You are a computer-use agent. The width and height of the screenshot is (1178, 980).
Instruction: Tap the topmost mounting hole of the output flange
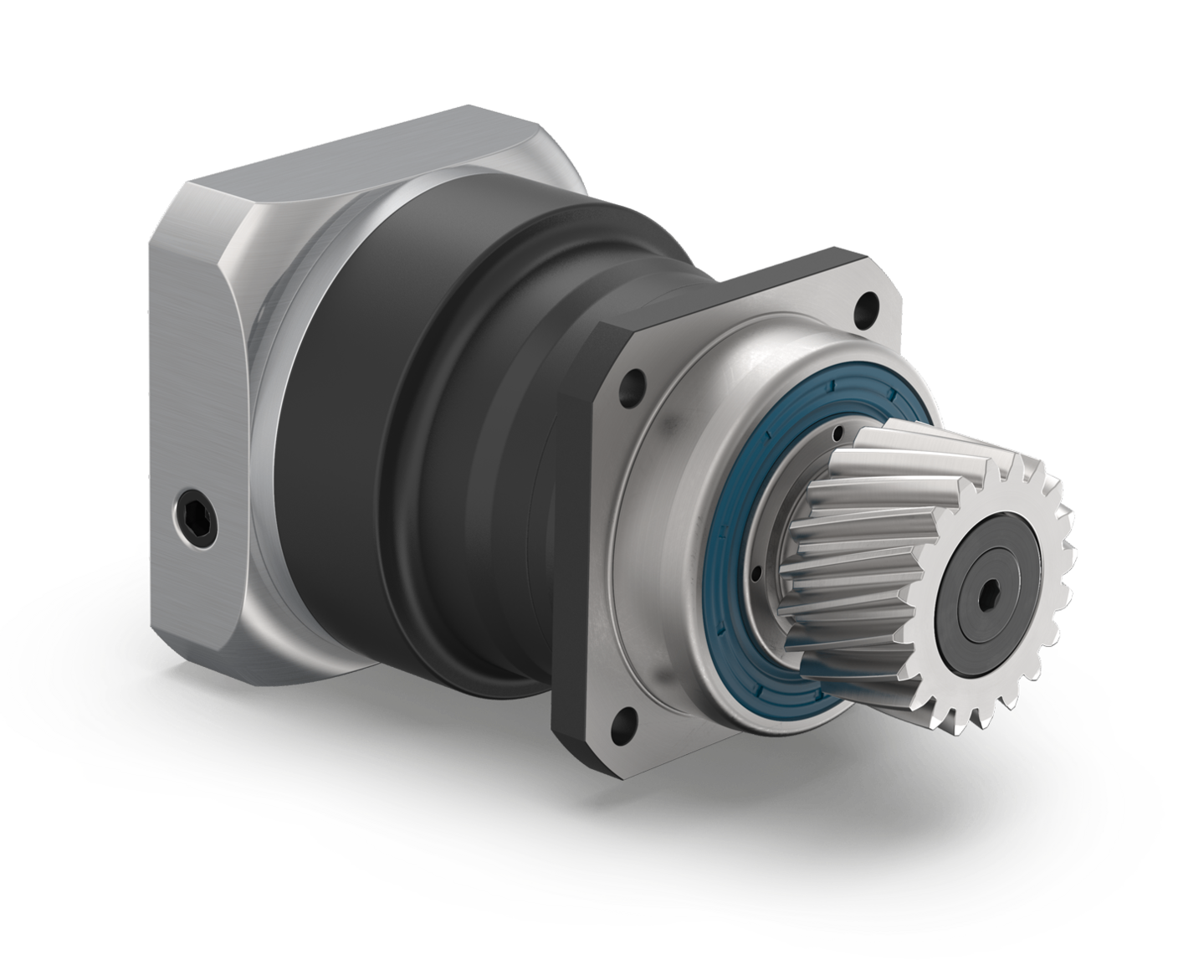click(x=867, y=307)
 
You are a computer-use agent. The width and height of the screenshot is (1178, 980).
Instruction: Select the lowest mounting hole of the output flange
click(x=625, y=721)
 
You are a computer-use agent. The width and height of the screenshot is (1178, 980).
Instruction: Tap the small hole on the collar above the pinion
click(x=837, y=433)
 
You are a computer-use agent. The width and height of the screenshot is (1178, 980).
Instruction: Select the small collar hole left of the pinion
click(x=755, y=573)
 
